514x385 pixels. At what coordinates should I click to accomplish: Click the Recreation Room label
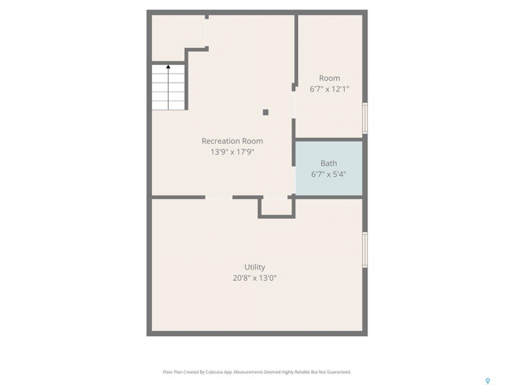coord(232,141)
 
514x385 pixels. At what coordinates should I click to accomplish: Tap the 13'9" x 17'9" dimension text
coord(232,152)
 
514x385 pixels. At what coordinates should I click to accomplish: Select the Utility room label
coord(255,267)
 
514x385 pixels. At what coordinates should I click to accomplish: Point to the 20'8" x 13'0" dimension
coord(255,278)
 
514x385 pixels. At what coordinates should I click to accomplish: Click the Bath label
coord(329,164)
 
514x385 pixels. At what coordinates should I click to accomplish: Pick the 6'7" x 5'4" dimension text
coord(329,174)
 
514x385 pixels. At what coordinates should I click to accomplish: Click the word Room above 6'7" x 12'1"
coord(329,78)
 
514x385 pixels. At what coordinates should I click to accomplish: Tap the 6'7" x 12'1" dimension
coord(329,89)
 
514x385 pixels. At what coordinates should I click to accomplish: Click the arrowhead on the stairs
coord(168,67)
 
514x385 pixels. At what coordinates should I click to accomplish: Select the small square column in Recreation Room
coord(266,112)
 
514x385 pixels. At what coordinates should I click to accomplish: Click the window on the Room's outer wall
coord(365,118)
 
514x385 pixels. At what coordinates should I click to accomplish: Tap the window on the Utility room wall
coord(365,250)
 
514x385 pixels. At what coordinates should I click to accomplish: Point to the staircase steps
coord(168,87)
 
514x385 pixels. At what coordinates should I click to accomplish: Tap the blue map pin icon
coord(488,381)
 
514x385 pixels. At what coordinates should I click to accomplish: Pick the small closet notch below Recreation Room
coord(276,206)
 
